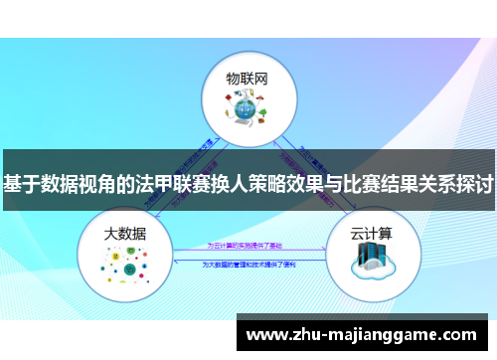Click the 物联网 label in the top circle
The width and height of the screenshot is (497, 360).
click(248, 77)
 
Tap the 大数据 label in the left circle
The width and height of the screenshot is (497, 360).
click(126, 234)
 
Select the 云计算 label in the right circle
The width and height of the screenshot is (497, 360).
click(372, 234)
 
